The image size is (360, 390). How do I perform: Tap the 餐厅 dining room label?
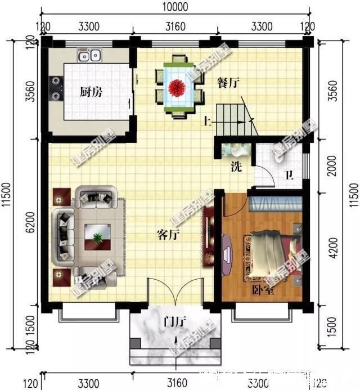point(228,82)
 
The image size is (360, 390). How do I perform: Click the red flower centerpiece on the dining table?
point(179,87)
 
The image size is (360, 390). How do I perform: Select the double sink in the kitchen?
point(89,56)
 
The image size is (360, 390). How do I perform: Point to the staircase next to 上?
point(233,116)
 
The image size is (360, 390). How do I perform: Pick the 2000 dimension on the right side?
point(331,167)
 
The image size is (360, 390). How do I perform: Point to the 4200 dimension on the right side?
point(331,248)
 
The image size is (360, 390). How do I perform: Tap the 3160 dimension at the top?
point(174,26)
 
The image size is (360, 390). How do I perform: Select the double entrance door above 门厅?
point(173,293)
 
